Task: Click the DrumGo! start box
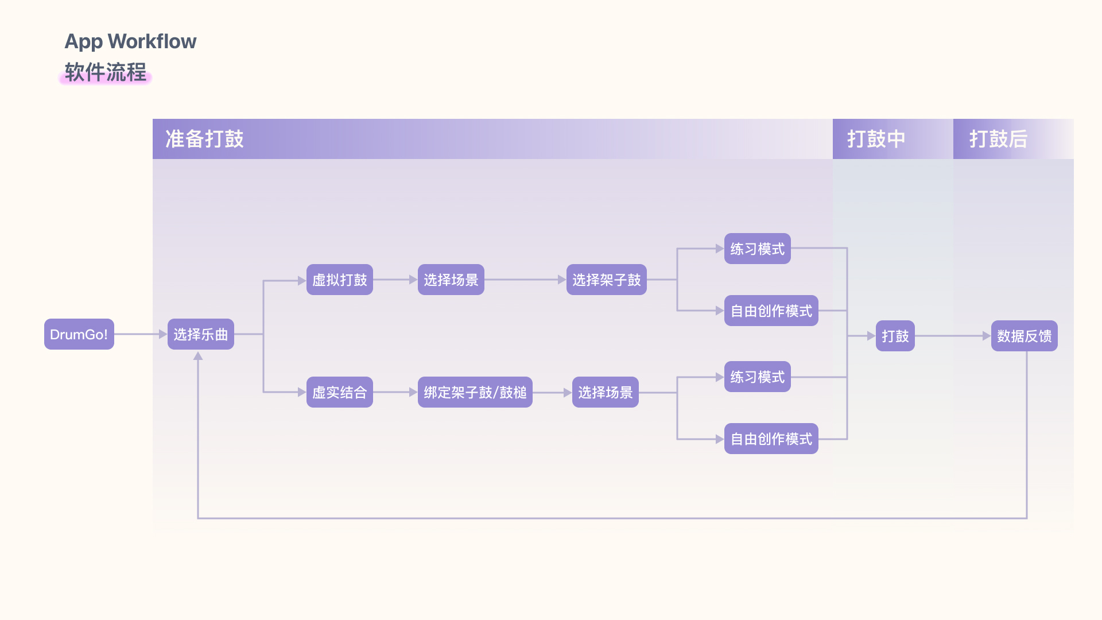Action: pyautogui.click(x=79, y=334)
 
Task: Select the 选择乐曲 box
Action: pyautogui.click(x=200, y=334)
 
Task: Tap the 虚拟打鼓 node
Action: pyautogui.click(x=339, y=280)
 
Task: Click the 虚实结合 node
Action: pyautogui.click(x=339, y=392)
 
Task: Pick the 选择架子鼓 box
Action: pyautogui.click(x=606, y=280)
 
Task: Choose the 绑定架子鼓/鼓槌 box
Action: pyautogui.click(x=475, y=392)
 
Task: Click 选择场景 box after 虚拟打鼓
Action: pyautogui.click(x=451, y=280)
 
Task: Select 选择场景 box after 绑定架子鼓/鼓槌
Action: pyautogui.click(x=605, y=392)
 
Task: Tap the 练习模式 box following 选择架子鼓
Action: pyautogui.click(x=757, y=249)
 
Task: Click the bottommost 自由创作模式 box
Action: pyautogui.click(x=771, y=439)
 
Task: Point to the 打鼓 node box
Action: pyautogui.click(x=895, y=336)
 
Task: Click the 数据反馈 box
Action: pyautogui.click(x=1024, y=336)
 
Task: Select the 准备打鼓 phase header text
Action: pyautogui.click(x=204, y=139)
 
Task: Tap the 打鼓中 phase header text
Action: pyautogui.click(x=876, y=139)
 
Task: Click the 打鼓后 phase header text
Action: pyautogui.click(x=998, y=139)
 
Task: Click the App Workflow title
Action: pyautogui.click(x=130, y=41)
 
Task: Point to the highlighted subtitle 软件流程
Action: pyautogui.click(x=105, y=73)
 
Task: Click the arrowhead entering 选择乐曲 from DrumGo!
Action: pyautogui.click(x=163, y=334)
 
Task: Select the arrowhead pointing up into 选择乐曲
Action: pyautogui.click(x=198, y=356)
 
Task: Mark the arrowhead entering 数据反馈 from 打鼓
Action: pyautogui.click(x=987, y=336)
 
